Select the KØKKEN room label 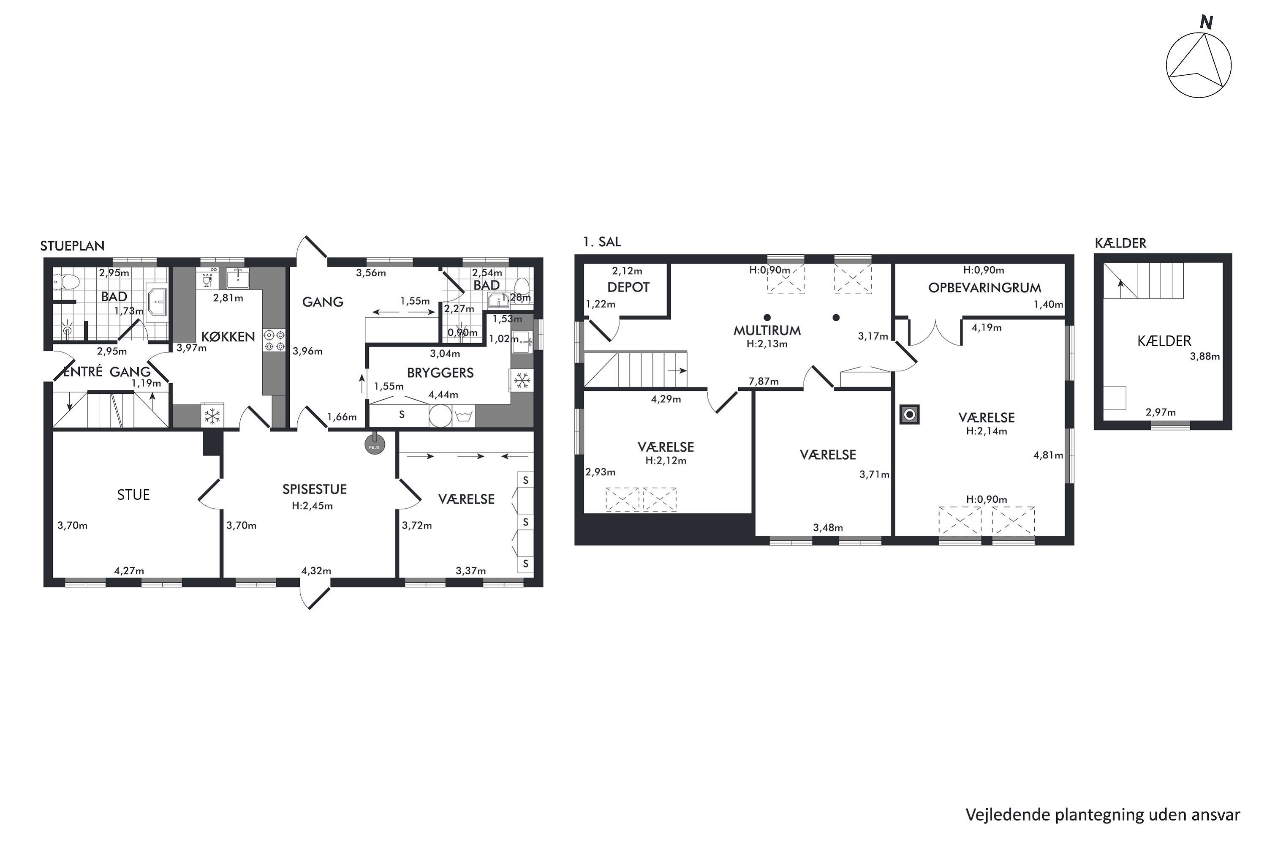pyautogui.click(x=228, y=337)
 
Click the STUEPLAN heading pyautogui.click(x=72, y=246)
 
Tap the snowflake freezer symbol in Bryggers pyautogui.click(x=521, y=381)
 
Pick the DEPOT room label pyautogui.click(x=628, y=288)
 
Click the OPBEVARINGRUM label pyautogui.click(x=984, y=288)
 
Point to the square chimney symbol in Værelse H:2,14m pyautogui.click(x=909, y=414)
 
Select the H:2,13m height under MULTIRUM pyautogui.click(x=767, y=344)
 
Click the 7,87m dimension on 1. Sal pyautogui.click(x=763, y=382)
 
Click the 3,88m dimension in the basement pyautogui.click(x=1204, y=356)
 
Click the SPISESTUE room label pyautogui.click(x=315, y=489)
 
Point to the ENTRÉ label pyautogui.click(x=82, y=372)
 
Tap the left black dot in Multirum pyautogui.click(x=767, y=317)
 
